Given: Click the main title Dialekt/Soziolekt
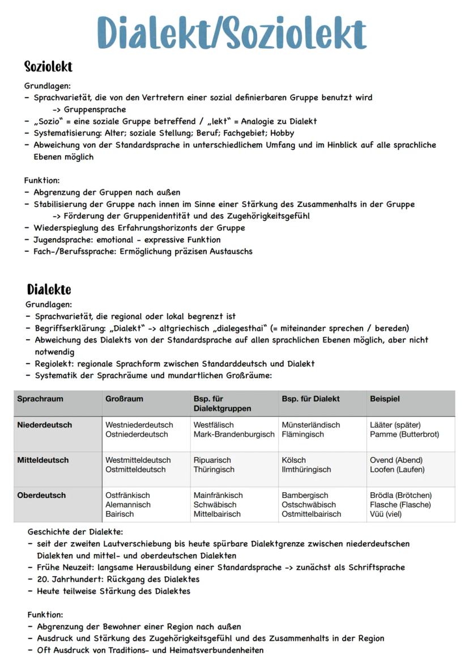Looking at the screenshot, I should pos(232,32).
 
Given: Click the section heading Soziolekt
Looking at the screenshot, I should pos(48,67).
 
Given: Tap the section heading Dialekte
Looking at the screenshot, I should pos(49,290).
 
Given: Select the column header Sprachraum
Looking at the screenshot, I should pos(40,399).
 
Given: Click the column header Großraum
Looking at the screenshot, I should pos(124,399).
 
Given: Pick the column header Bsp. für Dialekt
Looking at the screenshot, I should pos(310,399).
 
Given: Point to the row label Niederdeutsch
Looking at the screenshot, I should pos(44,425).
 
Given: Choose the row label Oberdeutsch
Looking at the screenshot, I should pos(41,495).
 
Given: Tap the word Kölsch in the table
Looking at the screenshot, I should pos(293,460).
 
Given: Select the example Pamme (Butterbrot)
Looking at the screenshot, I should pos(404,434).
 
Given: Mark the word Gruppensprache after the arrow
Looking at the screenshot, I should pos(95,109).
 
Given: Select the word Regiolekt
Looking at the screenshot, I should pos(54,363).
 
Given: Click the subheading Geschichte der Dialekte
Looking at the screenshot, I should pos(75,532).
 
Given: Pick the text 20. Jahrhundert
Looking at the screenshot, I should pos(65,579).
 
